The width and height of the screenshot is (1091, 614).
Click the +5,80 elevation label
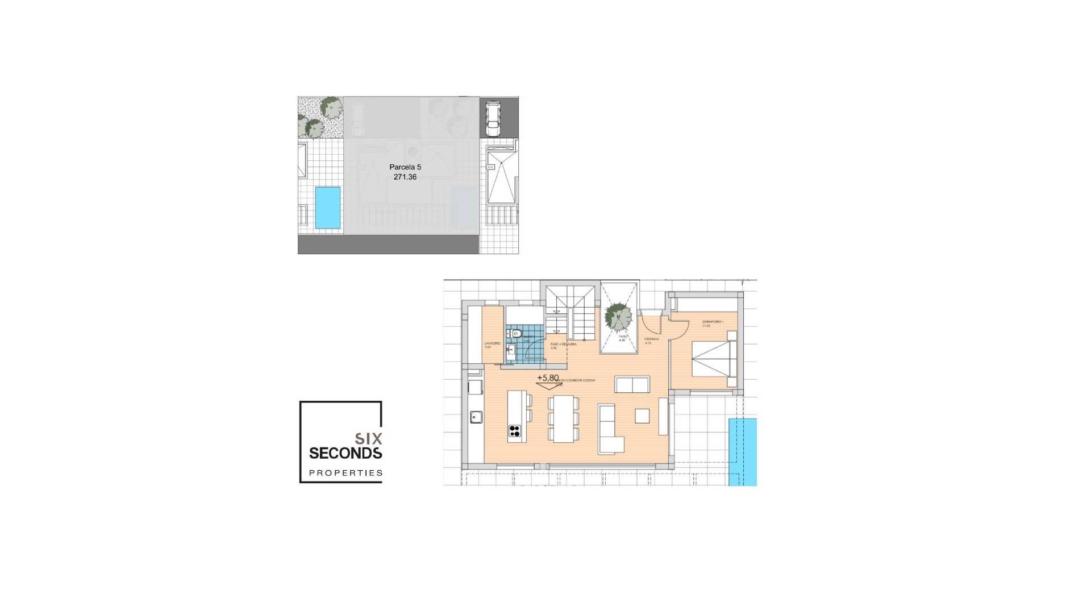(548, 377)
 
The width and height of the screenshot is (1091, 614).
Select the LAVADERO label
(492, 345)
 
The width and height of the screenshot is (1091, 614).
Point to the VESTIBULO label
(651, 339)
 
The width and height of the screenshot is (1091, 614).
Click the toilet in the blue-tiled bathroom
(515, 334)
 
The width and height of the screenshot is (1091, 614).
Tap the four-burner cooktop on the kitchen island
(515, 431)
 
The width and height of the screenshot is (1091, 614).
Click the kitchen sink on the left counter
(476, 418)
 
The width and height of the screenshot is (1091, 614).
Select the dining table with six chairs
(564, 418)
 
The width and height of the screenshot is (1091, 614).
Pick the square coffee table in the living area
(642, 416)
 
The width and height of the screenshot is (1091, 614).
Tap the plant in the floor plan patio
(618, 316)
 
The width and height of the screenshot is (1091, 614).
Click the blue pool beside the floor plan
(743, 452)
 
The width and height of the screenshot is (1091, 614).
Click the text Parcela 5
(405, 167)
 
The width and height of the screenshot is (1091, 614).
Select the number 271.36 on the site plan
(405, 177)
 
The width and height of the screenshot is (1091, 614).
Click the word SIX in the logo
(368, 438)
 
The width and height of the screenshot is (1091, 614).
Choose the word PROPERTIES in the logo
(345, 472)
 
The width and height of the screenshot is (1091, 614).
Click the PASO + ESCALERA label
(563, 345)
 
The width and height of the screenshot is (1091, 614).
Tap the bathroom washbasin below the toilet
(510, 349)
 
